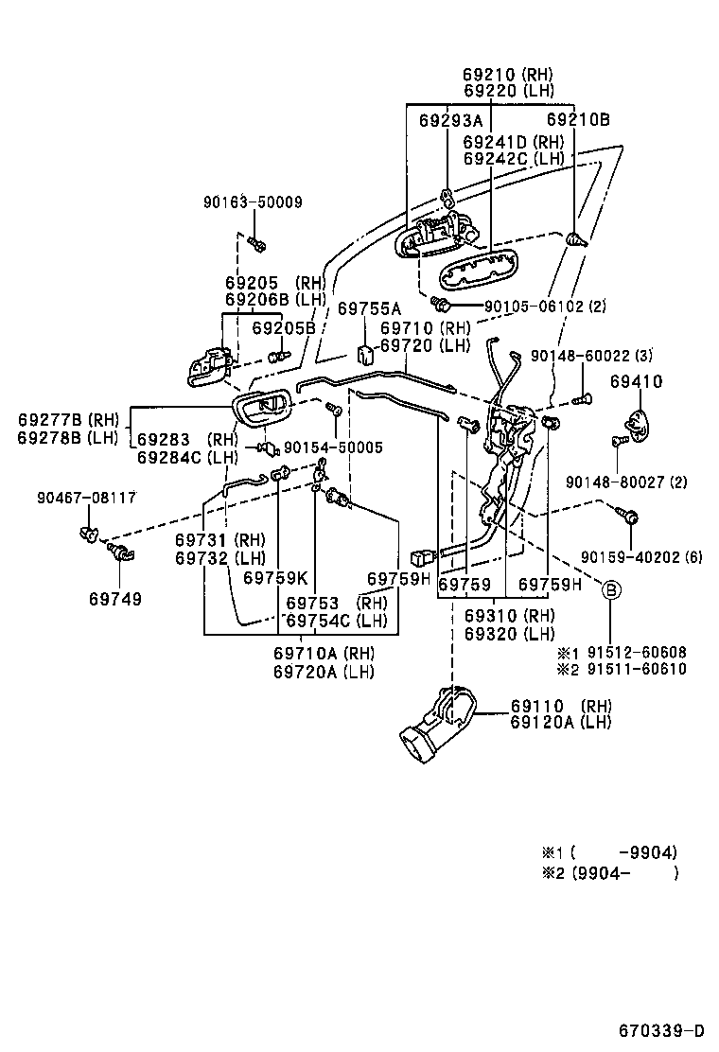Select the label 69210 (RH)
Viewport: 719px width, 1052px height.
[508, 74]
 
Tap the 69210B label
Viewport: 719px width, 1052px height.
[578, 120]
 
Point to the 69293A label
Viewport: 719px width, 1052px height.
[450, 120]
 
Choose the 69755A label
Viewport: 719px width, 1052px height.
[370, 308]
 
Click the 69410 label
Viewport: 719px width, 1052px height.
[636, 382]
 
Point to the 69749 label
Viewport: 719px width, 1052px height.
[116, 599]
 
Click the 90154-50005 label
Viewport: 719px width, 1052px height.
[333, 447]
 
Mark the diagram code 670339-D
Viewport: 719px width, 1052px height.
[662, 1030]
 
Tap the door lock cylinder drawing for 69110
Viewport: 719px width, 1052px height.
[439, 725]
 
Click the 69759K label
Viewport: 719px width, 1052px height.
[275, 577]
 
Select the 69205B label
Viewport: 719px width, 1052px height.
[283, 328]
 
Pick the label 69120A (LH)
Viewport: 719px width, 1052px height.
[560, 723]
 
